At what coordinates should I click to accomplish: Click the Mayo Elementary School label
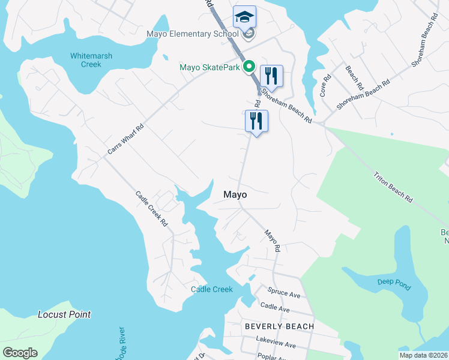click(x=192, y=34)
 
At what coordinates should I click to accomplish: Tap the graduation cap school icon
click(x=244, y=17)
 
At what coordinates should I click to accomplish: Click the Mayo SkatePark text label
click(x=210, y=67)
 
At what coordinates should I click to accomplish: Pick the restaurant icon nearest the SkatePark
click(x=271, y=76)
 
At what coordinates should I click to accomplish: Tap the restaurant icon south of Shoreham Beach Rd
click(x=256, y=121)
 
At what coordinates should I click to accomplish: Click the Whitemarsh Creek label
click(x=91, y=60)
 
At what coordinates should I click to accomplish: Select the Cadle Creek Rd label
click(x=151, y=208)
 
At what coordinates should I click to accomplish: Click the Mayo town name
click(x=235, y=195)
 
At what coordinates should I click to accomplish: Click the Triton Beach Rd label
click(x=393, y=187)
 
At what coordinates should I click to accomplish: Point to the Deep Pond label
click(x=394, y=284)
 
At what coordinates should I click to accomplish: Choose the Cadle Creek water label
click(x=211, y=289)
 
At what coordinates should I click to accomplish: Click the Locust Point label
click(x=64, y=314)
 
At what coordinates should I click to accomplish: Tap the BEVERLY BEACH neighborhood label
click(x=279, y=326)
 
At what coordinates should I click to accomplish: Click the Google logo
click(x=20, y=353)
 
